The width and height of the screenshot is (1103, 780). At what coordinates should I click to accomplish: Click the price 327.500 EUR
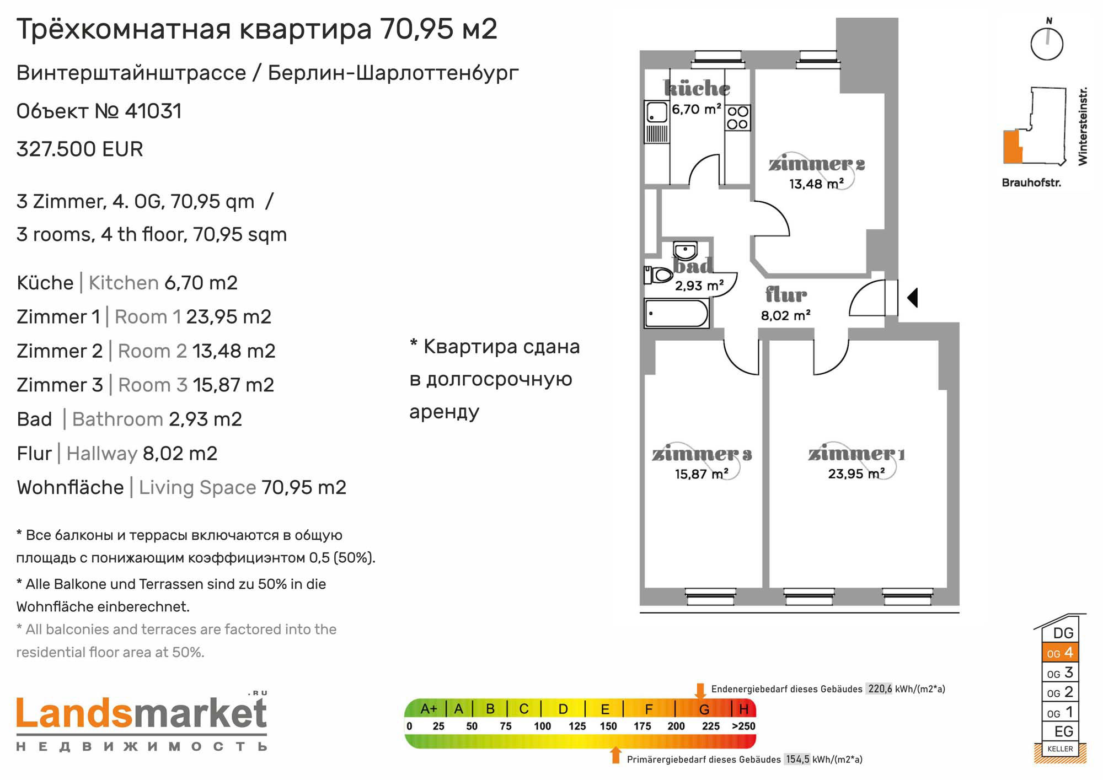coord(80,149)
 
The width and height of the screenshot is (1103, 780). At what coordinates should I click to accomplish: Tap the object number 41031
coord(153,111)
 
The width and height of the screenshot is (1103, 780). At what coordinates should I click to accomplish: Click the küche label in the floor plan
coord(697,88)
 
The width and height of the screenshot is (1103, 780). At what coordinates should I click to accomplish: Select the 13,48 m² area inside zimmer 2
coord(816,184)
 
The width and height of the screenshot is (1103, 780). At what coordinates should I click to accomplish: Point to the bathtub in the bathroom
coord(676,314)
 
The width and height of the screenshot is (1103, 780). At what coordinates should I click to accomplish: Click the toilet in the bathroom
coord(658,275)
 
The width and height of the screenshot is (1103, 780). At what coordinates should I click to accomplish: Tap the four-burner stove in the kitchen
coord(737,117)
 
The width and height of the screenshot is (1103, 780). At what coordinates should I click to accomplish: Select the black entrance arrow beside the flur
coord(913,298)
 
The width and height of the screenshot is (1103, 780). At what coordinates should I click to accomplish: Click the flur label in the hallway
coord(786,295)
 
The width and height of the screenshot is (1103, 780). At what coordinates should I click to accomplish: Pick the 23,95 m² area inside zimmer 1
coord(856,474)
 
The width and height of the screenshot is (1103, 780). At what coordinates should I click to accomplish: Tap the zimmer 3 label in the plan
coord(702,454)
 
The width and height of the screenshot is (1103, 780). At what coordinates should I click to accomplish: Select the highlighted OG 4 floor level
coord(1060,653)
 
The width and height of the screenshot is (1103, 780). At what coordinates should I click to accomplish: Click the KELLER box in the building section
coord(1060,749)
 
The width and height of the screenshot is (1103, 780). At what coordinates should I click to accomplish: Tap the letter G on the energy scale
coord(704,709)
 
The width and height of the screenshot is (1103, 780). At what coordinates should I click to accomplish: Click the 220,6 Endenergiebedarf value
coord(880,689)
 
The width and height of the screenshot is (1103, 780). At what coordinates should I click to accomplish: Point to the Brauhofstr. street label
coord(1031,182)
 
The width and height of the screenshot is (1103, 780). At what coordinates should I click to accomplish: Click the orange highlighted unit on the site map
coord(1012,147)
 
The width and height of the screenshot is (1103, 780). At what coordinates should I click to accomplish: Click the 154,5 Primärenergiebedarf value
coord(797,760)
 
